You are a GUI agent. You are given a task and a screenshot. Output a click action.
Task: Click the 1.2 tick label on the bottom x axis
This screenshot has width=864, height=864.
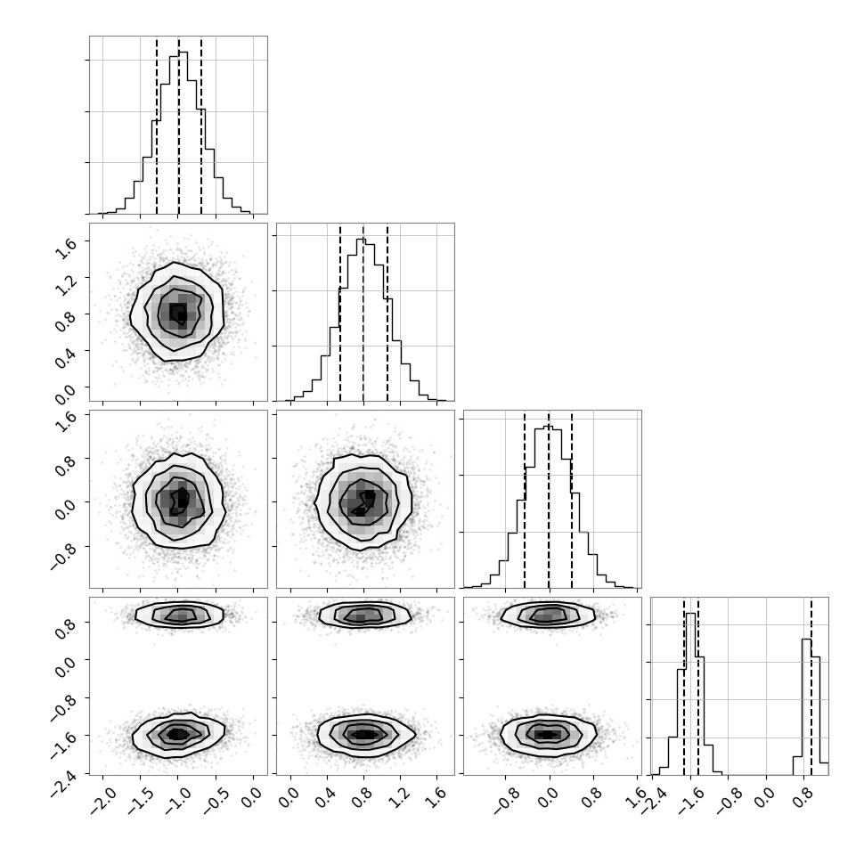tap(401, 796)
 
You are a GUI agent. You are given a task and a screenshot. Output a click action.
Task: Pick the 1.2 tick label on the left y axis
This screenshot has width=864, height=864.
tap(67, 285)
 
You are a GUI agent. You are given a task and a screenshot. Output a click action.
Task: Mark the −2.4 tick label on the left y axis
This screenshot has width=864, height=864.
tap(63, 782)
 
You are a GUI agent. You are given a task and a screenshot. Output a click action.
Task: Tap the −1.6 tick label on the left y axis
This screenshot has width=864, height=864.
tap(63, 744)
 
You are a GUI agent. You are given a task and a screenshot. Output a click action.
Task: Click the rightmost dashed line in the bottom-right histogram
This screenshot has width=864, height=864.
tap(811, 686)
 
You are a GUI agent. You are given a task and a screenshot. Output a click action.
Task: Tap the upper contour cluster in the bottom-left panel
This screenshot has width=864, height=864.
tap(180, 615)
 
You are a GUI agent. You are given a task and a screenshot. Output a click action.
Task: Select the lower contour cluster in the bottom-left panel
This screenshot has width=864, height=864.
tap(178, 733)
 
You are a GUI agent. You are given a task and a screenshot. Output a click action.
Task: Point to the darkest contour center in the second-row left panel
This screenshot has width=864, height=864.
tap(178, 314)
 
